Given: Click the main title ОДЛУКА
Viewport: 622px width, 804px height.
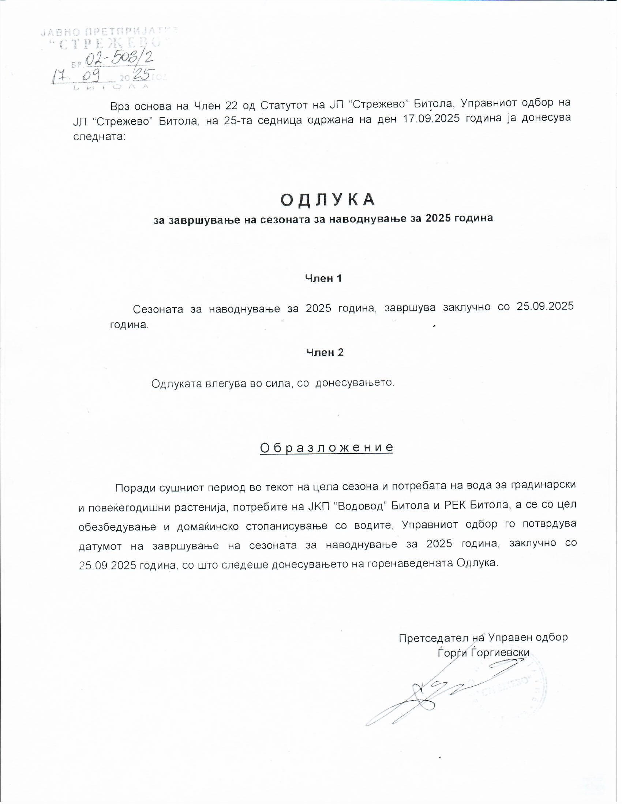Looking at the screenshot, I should tap(327, 200).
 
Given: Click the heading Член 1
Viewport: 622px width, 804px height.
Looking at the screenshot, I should tap(323, 278).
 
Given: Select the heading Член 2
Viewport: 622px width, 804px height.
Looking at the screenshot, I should tap(325, 352).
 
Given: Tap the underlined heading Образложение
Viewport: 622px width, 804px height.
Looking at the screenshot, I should tap(326, 447).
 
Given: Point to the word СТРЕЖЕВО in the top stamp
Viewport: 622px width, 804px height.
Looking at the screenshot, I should tap(110, 44).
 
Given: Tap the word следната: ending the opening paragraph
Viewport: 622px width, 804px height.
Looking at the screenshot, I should tap(100, 137).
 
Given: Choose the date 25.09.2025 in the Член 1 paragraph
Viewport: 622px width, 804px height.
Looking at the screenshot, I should tap(545, 306).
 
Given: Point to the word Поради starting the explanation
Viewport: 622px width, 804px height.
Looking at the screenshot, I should tap(136, 488).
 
